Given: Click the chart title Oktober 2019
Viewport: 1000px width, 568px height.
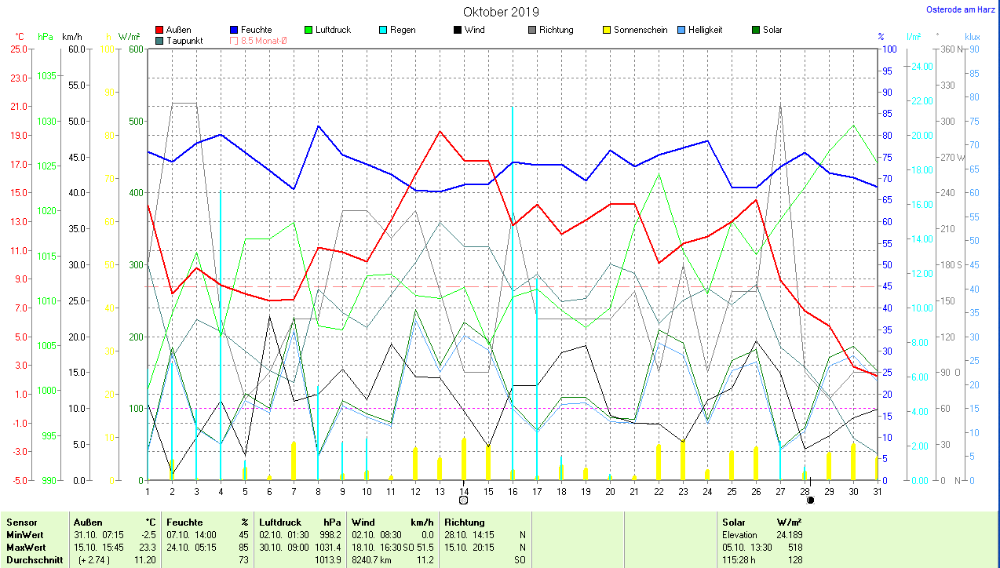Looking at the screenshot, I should point(501,12).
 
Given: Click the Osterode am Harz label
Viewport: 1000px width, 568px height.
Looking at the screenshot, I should point(961,10).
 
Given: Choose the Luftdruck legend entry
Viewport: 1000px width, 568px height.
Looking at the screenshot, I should point(333,30).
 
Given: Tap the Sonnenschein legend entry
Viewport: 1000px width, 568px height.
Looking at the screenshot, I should point(641,30).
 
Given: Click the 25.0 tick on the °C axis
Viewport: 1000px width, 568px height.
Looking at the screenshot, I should point(19,49).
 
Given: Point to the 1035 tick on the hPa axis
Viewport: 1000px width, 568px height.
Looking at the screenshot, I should point(47,76).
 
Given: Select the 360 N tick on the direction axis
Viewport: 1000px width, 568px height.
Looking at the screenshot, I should point(948,49).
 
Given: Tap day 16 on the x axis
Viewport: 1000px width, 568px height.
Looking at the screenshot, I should point(513,491).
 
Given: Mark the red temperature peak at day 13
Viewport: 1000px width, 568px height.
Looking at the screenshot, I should point(440,132).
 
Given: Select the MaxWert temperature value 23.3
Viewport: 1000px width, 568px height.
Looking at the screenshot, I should point(145,547).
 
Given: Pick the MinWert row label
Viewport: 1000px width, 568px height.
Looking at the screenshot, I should point(24,534).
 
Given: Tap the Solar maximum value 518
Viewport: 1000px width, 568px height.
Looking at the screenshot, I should point(794,547).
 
